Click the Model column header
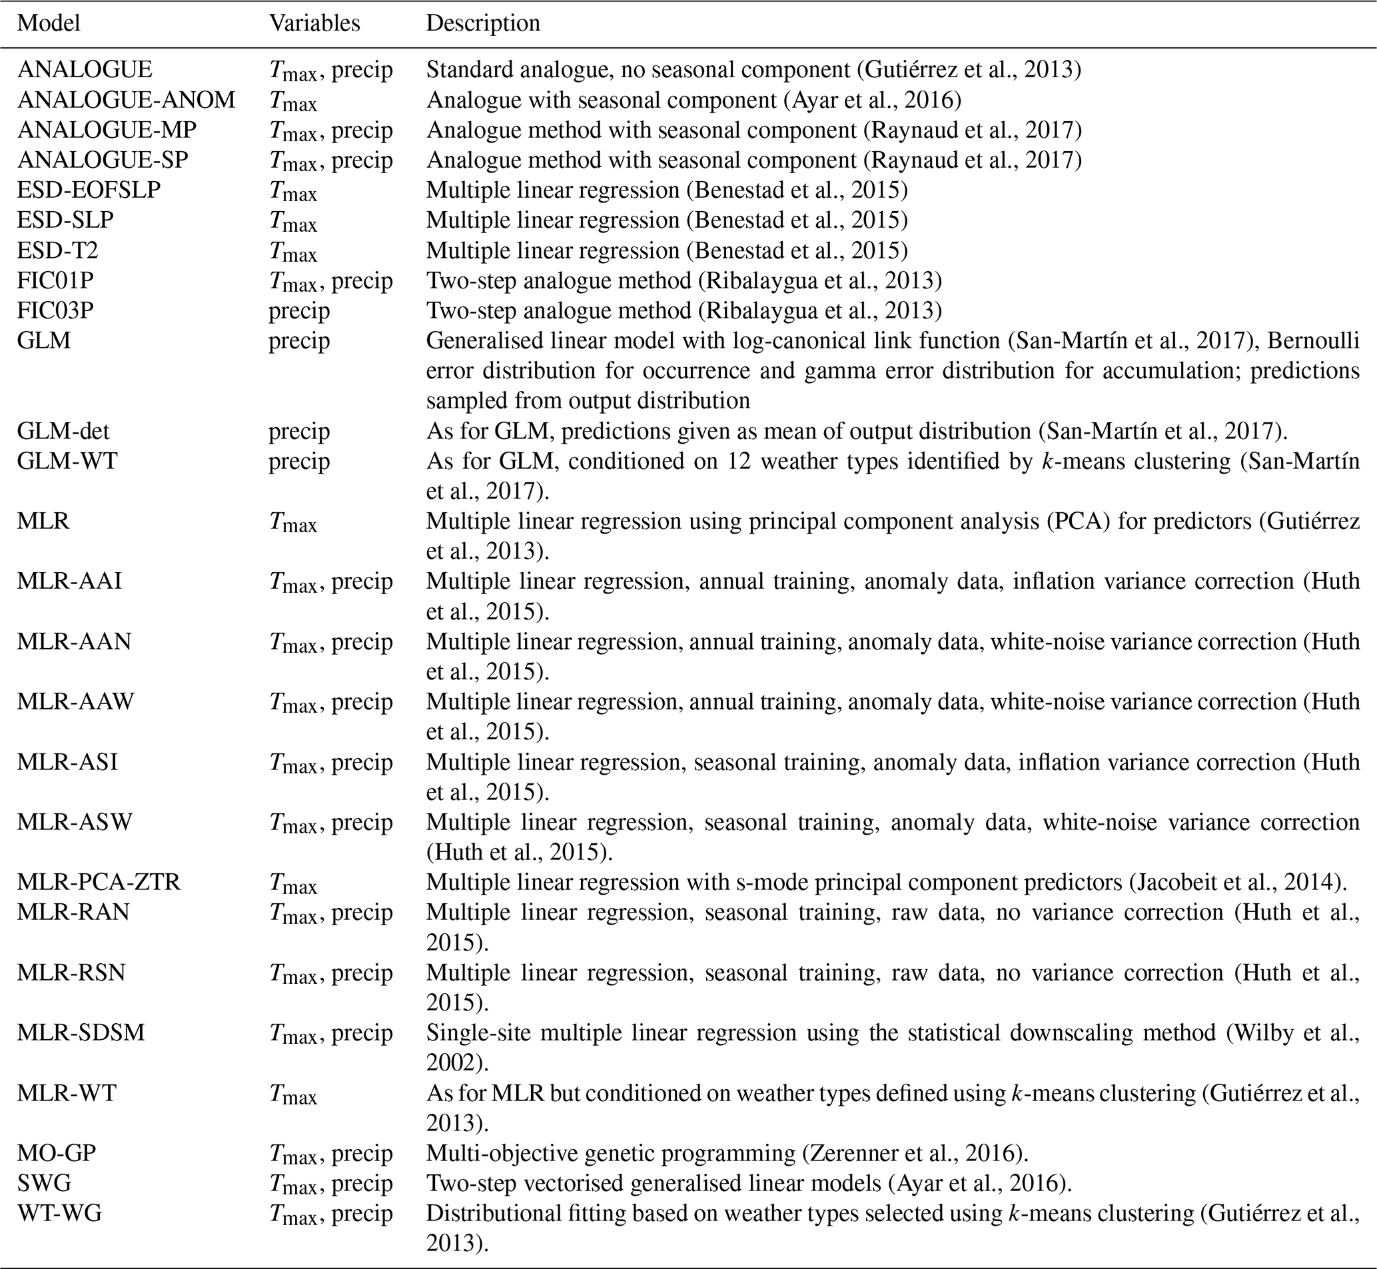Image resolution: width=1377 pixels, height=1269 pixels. click(x=48, y=23)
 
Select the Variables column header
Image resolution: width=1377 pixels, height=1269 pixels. click(x=314, y=23)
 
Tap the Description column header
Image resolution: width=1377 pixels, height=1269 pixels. click(x=483, y=23)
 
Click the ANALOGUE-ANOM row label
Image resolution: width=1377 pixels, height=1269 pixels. click(x=126, y=101)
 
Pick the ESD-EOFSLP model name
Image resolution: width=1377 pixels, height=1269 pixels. click(x=89, y=191)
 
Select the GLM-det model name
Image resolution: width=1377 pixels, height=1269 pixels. click(x=63, y=431)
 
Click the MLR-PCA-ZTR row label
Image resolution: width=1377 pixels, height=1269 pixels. click(x=98, y=882)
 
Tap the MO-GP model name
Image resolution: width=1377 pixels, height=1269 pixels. click(x=57, y=1153)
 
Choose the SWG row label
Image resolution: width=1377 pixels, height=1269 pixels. click(x=44, y=1183)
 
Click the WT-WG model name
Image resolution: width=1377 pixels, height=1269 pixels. click(x=59, y=1214)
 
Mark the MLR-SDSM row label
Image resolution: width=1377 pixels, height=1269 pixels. click(x=81, y=1033)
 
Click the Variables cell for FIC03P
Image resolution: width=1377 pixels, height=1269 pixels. click(x=298, y=310)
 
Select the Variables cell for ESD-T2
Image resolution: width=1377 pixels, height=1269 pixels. click(x=292, y=251)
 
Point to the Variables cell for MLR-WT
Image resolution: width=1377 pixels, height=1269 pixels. click(x=292, y=1093)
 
